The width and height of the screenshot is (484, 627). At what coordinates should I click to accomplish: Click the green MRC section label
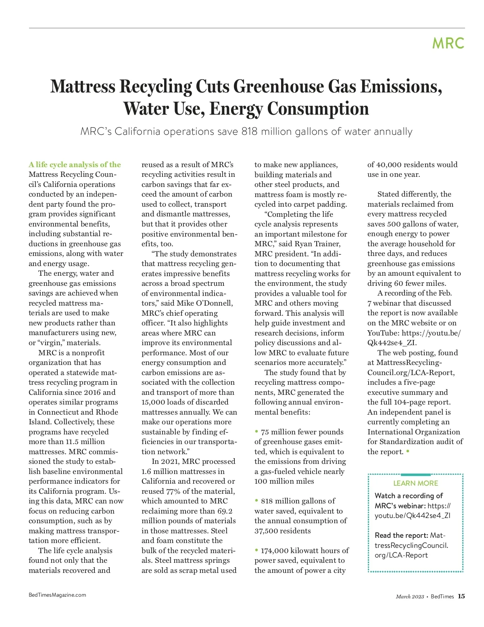coord(448,43)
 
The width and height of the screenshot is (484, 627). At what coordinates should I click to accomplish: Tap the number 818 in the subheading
coord(249,132)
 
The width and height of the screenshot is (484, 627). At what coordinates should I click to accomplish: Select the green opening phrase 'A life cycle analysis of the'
coord(75,165)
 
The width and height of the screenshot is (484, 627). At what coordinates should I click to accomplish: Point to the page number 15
coord(461,596)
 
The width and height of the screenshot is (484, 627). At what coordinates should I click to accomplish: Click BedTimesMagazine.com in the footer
coord(57,595)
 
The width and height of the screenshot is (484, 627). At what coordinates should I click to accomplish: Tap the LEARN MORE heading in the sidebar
coord(415,483)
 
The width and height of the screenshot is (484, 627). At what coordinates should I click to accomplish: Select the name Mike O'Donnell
coord(204,303)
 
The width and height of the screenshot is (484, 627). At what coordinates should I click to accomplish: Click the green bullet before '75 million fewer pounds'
coord(257,432)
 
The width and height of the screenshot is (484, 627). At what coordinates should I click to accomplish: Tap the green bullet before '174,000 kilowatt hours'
coord(257,550)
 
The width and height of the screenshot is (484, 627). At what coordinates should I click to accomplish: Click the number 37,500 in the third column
coord(267,531)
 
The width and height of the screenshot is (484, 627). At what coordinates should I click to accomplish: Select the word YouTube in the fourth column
coord(382,333)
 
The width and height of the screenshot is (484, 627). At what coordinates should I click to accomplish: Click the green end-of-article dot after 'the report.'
coord(408,451)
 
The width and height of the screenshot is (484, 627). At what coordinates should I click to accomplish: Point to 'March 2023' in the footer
coord(410,597)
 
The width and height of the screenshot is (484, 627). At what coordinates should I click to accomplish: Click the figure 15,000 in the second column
coord(156,402)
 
